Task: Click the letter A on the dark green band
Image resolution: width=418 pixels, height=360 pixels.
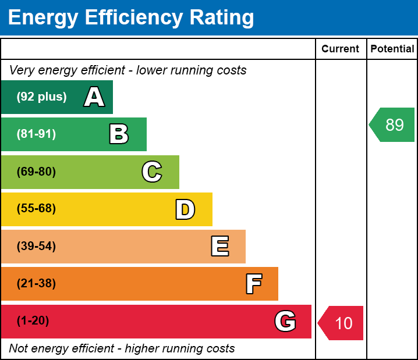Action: (94, 97)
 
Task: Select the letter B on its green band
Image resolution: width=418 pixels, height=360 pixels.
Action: (119, 134)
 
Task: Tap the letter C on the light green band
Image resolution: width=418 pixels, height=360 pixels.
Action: (151, 172)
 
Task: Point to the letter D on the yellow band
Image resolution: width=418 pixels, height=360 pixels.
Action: (185, 209)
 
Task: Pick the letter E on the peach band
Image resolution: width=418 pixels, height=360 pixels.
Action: (219, 247)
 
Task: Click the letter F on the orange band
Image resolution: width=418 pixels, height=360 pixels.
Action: (253, 284)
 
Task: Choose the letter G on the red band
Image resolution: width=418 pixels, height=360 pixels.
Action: (285, 321)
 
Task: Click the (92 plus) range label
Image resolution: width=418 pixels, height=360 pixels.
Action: (41, 97)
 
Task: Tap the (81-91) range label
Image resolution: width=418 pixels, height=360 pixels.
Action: (36, 134)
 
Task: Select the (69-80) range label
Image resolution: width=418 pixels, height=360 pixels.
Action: (36, 172)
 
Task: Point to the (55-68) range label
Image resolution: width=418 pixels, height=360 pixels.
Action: (36, 209)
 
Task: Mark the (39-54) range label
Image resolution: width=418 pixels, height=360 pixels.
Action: (36, 247)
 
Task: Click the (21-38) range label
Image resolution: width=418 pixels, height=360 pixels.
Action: (36, 284)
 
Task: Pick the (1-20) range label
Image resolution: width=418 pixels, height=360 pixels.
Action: (33, 321)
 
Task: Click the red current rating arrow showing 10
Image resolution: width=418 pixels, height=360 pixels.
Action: (342, 323)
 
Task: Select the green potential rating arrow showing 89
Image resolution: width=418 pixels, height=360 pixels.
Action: (393, 124)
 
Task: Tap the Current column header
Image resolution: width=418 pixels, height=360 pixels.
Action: (341, 49)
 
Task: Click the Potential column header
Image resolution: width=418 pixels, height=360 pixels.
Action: (392, 49)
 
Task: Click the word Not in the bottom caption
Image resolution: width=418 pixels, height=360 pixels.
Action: (19, 349)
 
